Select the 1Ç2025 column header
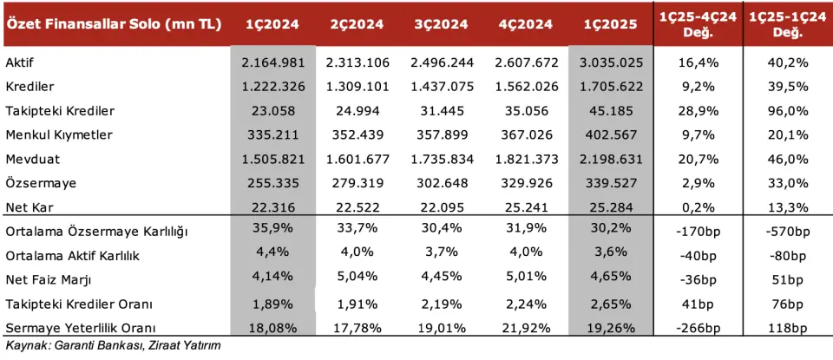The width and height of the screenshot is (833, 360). [x=610, y=24]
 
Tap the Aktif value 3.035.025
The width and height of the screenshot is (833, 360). [x=610, y=63]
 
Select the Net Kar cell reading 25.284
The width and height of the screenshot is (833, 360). [x=610, y=208]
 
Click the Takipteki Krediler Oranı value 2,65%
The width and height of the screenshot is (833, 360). [x=610, y=304]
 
